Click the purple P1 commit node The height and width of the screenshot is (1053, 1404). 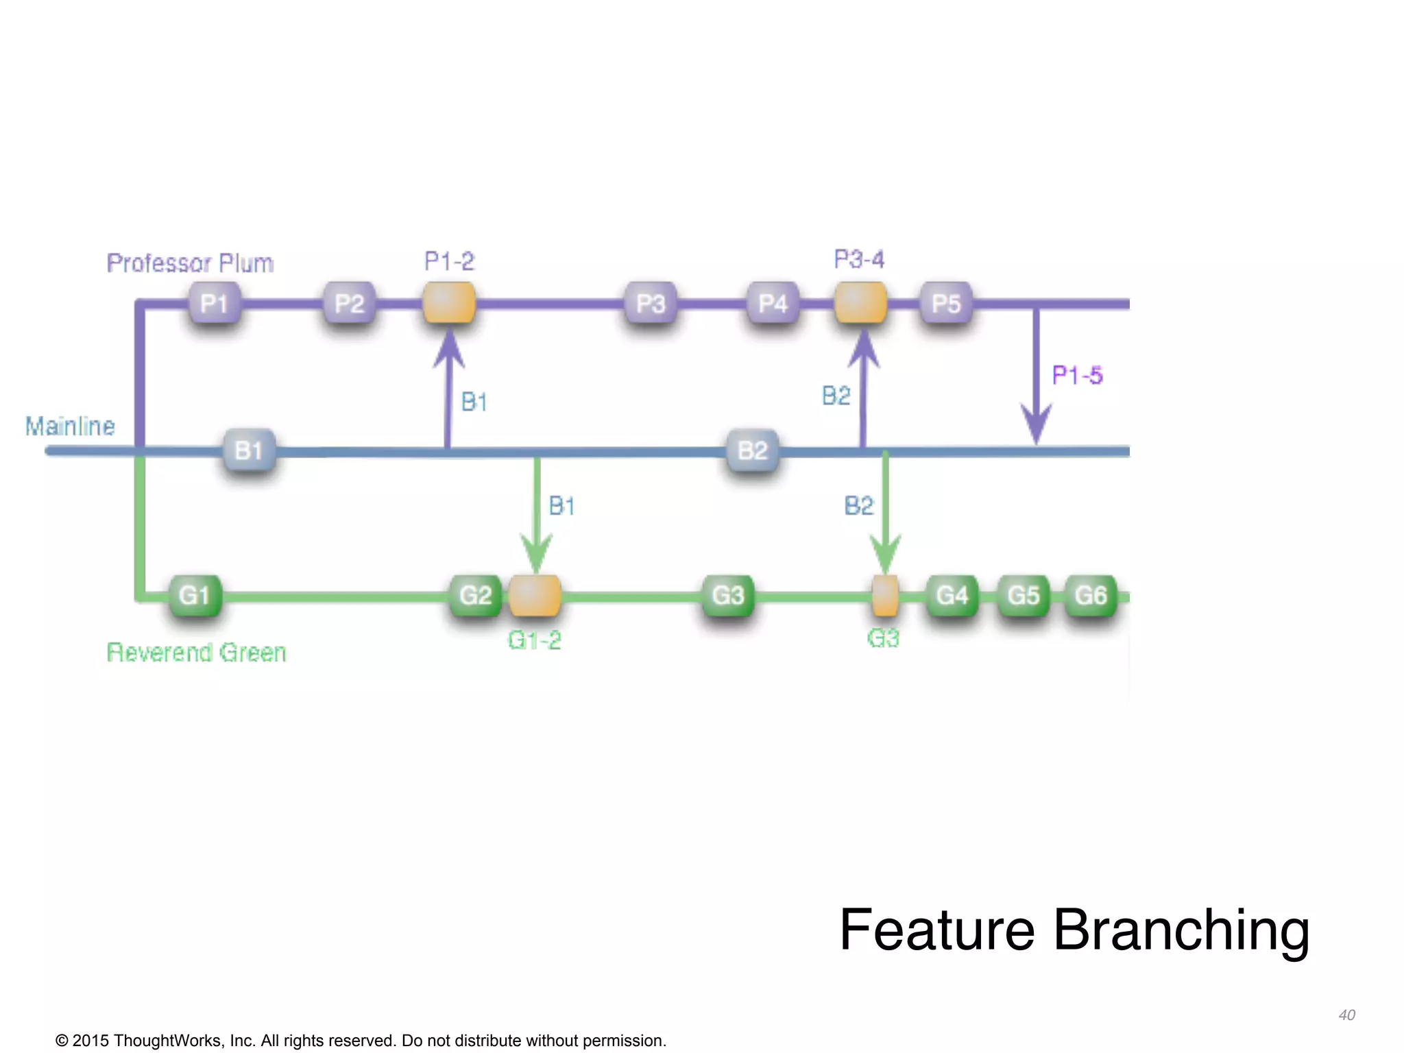(x=214, y=303)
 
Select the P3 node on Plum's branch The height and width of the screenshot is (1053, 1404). (x=651, y=303)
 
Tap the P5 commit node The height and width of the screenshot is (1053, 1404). (x=946, y=303)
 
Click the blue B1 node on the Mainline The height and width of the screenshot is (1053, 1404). (x=250, y=450)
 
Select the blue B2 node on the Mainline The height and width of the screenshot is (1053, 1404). (x=752, y=450)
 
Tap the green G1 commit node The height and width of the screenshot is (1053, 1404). (x=195, y=595)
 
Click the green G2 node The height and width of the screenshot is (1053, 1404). (x=475, y=595)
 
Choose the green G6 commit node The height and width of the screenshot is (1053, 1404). (x=1091, y=595)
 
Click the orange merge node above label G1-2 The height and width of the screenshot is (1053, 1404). (x=535, y=595)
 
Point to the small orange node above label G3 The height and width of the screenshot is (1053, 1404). (x=884, y=595)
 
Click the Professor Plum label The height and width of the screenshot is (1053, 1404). (x=190, y=263)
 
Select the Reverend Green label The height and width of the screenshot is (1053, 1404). (x=196, y=652)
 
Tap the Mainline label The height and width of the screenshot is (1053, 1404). (x=70, y=426)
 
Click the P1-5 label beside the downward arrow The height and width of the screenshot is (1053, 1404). (x=1077, y=375)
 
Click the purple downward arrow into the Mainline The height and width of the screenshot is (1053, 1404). (x=1036, y=384)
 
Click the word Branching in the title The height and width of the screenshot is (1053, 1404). (x=1181, y=930)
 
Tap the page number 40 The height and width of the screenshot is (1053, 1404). (x=1346, y=1015)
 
